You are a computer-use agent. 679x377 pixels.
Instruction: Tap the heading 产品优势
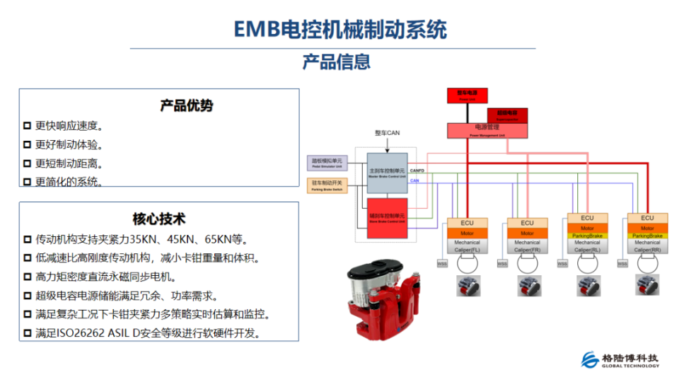[x=187, y=105]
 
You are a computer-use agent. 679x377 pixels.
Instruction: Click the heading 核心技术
[x=159, y=219]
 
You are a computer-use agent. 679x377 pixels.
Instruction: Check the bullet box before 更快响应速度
[x=27, y=126]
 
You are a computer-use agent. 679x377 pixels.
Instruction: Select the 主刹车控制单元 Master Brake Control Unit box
[x=387, y=173]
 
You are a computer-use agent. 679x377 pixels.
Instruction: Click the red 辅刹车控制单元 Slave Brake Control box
[x=387, y=216]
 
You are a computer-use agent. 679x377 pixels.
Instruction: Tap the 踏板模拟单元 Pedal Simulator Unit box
[x=326, y=162]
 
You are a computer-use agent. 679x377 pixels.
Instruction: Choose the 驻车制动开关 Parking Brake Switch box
[x=326, y=185]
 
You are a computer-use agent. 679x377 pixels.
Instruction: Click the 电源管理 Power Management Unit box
[x=487, y=129]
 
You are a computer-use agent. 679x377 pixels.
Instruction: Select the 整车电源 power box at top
[x=468, y=95]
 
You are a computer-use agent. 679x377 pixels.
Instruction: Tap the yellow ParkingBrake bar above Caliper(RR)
[x=647, y=236]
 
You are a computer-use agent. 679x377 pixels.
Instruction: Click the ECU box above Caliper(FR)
[x=527, y=223]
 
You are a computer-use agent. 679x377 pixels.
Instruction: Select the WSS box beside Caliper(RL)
[x=562, y=265]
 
